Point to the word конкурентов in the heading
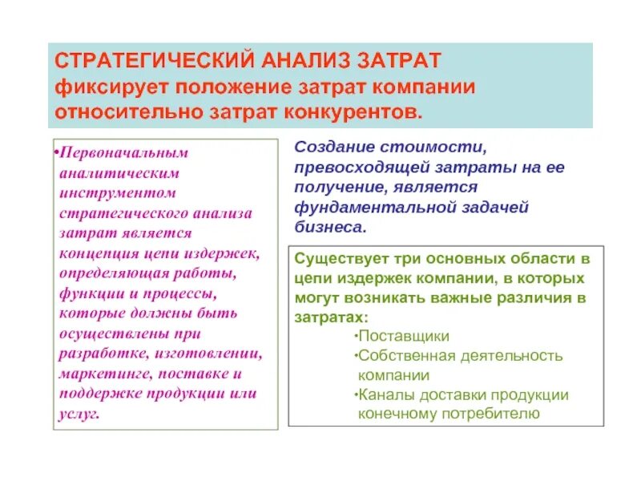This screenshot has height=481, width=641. coord(350,109)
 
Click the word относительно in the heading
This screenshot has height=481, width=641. coord(119,109)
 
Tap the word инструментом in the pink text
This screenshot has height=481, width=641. coord(117,193)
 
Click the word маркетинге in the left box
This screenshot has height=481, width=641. coord(104,374)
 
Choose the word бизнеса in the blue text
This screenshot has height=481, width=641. coord(329,227)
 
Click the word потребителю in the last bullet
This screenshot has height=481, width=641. coord(489,414)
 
